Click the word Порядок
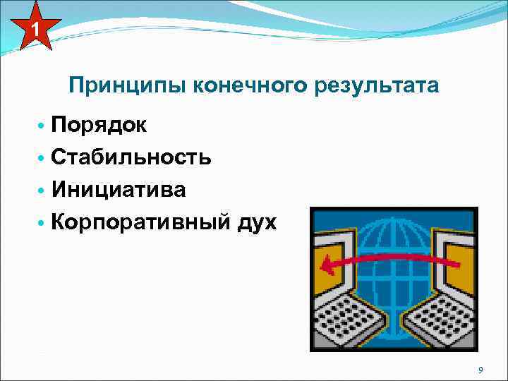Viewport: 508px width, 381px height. (99, 126)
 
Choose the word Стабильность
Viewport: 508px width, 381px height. (131, 157)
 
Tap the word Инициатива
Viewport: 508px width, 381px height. (119, 190)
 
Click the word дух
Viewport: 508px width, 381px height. (258, 223)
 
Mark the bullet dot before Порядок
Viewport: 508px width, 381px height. (42, 126)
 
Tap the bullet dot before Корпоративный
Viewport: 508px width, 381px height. (42, 223)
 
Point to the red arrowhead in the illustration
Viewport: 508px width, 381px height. (327, 267)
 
